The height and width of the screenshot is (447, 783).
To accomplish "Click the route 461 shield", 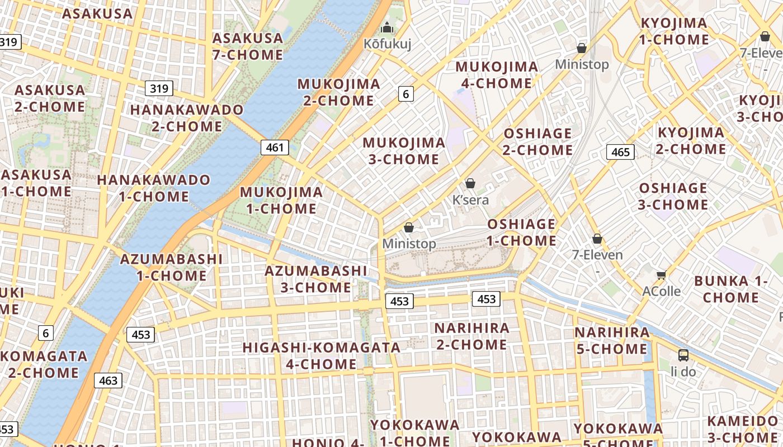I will [x=275, y=148].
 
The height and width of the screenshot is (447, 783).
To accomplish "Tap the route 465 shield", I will [x=620, y=152].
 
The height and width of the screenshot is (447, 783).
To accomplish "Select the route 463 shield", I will [x=108, y=381].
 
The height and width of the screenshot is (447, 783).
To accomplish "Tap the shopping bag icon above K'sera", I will [x=470, y=183].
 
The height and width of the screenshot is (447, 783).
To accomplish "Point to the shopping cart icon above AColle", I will [x=662, y=274].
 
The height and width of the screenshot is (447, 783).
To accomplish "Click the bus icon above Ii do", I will [x=683, y=355].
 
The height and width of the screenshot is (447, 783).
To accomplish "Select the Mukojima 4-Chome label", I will [x=497, y=75].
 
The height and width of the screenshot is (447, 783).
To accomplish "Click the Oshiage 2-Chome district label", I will [x=537, y=141].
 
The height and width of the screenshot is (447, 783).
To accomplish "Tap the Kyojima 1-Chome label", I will [x=674, y=31].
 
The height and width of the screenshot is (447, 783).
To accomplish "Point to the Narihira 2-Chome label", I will [x=472, y=336].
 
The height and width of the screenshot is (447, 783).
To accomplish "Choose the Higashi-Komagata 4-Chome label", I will [x=322, y=355].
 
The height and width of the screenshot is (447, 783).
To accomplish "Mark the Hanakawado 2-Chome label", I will [x=187, y=118].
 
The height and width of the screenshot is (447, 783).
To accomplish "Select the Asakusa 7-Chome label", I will [x=248, y=46].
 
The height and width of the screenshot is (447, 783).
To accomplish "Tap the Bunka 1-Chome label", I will [x=730, y=289].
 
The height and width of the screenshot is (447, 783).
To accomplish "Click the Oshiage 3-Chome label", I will [x=673, y=196].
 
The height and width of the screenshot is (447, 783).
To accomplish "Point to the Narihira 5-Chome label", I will [x=612, y=341].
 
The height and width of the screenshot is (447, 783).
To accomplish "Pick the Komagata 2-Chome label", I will [x=44, y=364].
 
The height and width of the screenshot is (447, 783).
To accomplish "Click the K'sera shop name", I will [x=470, y=200].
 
